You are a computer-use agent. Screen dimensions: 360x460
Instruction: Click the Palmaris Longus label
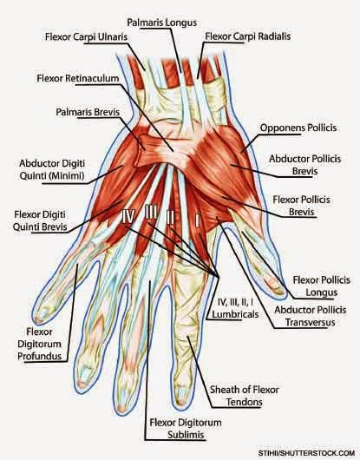click(161, 23)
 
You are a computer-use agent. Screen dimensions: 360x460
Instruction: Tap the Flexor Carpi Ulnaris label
click(86, 37)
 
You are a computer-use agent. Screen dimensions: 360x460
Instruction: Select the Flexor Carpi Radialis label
click(248, 36)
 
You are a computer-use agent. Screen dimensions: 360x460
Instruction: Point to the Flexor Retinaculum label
click(78, 78)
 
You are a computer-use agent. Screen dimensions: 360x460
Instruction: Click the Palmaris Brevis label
click(88, 112)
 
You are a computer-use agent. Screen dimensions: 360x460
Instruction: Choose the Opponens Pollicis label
click(298, 128)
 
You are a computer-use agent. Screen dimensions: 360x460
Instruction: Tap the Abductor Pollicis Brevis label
click(304, 165)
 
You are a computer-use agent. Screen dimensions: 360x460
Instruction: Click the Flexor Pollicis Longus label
click(321, 286)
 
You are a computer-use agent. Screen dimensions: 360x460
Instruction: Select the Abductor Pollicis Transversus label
click(311, 316)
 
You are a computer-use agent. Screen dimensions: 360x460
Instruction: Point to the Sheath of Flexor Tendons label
click(245, 396)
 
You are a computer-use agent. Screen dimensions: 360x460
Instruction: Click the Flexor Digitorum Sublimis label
click(186, 429)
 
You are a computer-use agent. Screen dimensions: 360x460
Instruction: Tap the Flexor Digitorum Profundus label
click(39, 344)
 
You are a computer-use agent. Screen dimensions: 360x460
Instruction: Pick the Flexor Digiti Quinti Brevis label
click(40, 220)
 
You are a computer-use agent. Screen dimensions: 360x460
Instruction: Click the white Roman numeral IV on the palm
click(128, 217)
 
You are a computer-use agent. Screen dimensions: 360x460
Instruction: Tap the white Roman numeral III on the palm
click(151, 212)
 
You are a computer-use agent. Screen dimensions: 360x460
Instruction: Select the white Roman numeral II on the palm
click(170, 217)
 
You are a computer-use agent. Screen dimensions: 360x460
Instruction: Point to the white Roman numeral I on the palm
click(197, 220)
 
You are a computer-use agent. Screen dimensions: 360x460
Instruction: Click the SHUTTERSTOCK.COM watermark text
click(306, 453)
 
